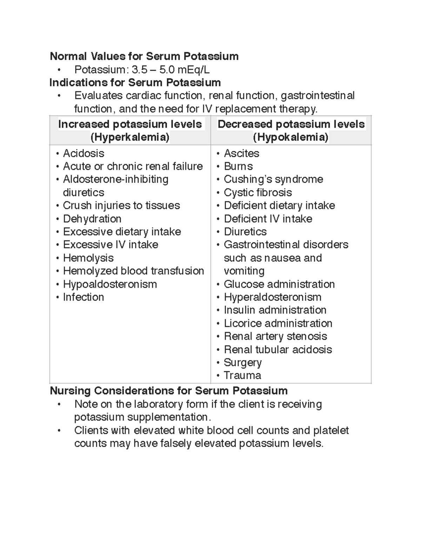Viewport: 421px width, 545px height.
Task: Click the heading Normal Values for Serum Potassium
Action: (144, 56)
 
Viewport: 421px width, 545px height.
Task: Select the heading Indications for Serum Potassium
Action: (135, 82)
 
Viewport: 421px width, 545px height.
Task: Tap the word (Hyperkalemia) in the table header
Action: (130, 137)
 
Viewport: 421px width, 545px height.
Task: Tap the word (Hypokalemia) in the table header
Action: (290, 137)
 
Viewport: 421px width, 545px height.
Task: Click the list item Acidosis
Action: (83, 153)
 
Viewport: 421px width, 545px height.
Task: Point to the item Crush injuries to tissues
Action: (121, 205)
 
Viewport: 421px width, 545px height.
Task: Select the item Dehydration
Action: (92, 219)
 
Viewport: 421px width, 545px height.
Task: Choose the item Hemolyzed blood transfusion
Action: (133, 271)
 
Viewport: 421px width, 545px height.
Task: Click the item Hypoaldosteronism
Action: (110, 284)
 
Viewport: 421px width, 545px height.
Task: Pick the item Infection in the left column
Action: (83, 297)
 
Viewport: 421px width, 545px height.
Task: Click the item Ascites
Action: (241, 153)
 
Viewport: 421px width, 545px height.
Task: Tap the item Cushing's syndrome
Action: (273, 179)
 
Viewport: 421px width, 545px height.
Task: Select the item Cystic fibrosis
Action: (258, 192)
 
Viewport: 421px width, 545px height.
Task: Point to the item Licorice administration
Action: (278, 323)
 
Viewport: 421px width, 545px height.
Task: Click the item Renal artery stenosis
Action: (275, 336)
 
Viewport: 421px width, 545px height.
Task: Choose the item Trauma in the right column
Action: (242, 375)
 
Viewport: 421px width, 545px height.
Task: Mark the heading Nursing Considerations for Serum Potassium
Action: (168, 391)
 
